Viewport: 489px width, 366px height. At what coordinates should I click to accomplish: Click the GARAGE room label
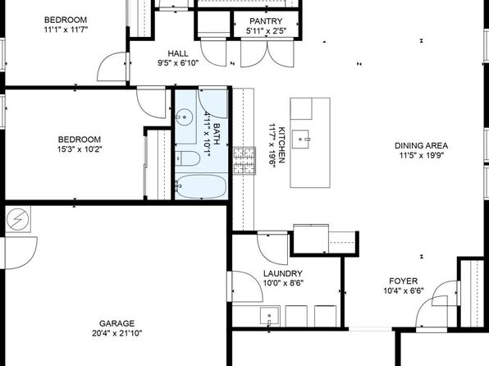(x=117, y=323)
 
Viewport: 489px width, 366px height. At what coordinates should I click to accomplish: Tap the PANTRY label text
(x=266, y=21)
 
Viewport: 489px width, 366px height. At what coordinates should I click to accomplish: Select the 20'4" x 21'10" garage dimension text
(x=117, y=333)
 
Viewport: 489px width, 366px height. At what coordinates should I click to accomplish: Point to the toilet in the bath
(x=187, y=158)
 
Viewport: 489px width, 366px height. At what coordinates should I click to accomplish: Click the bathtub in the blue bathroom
(x=200, y=186)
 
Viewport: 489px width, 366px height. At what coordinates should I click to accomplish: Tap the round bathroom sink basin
(x=185, y=117)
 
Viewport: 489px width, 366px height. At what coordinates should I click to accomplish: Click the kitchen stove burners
(x=244, y=161)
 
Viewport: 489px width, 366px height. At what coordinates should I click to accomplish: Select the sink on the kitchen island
(x=300, y=140)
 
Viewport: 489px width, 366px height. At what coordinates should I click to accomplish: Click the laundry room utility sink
(x=270, y=316)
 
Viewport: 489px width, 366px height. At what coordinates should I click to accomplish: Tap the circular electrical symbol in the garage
(x=18, y=218)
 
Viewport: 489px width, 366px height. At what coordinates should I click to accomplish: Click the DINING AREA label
(x=422, y=146)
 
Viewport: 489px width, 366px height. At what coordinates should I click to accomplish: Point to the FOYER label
(x=403, y=281)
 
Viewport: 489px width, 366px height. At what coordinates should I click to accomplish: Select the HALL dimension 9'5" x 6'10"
(x=178, y=63)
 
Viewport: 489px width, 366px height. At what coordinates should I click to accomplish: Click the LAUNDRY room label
(x=283, y=273)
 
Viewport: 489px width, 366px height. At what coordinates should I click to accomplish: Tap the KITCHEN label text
(x=281, y=144)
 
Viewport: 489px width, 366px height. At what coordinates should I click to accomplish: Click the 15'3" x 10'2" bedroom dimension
(x=80, y=149)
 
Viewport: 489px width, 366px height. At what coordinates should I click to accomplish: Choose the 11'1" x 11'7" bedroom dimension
(x=66, y=30)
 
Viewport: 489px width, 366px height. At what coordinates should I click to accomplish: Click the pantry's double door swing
(x=267, y=53)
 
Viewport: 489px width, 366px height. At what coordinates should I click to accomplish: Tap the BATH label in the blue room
(x=217, y=134)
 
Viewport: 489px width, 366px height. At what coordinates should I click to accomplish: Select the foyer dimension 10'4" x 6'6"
(x=403, y=291)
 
